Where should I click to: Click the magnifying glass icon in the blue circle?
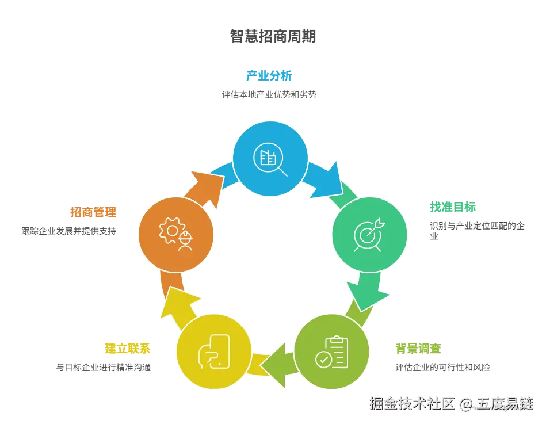[x=269, y=158]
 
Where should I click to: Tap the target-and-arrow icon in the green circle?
[x=369, y=234]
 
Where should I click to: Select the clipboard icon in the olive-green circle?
[x=332, y=352]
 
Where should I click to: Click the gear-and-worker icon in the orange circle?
[x=176, y=234]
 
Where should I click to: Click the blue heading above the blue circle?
[x=268, y=76]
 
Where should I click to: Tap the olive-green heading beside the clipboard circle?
[x=418, y=347]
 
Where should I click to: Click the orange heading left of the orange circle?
[x=94, y=212]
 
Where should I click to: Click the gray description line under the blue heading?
[x=269, y=94]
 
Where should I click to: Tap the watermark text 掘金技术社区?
[x=411, y=404]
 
